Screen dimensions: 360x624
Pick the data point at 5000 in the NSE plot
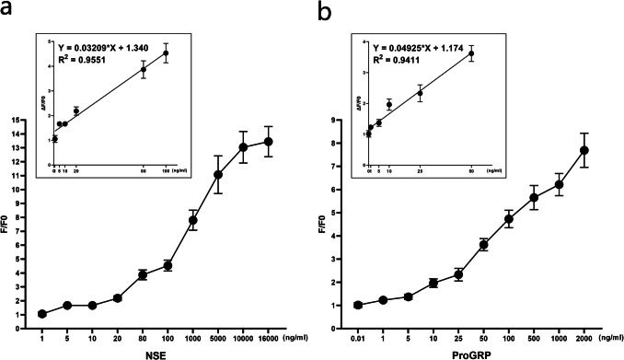click(x=218, y=174)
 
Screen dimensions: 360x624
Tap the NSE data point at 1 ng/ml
click(x=42, y=313)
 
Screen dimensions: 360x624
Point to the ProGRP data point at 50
click(x=484, y=244)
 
